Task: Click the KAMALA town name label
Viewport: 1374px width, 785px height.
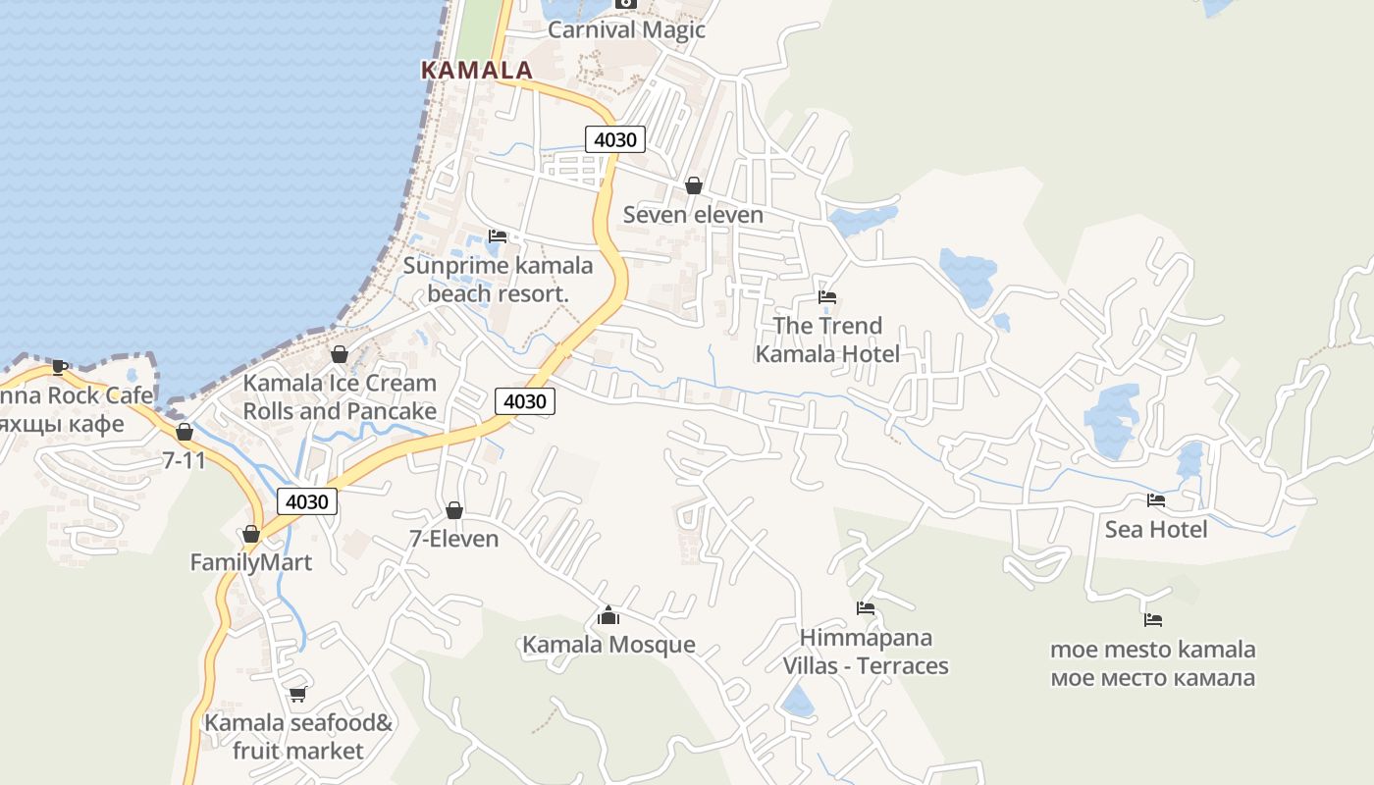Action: (x=476, y=71)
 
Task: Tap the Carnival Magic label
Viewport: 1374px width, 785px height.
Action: (x=626, y=29)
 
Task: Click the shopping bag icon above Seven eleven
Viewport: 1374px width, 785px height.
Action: (x=694, y=185)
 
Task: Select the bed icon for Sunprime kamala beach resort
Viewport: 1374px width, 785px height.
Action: (x=498, y=236)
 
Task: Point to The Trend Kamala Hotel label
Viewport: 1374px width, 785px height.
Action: (x=827, y=340)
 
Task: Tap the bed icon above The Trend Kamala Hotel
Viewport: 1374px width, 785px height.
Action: (x=827, y=297)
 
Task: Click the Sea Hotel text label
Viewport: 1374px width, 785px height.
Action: (x=1156, y=530)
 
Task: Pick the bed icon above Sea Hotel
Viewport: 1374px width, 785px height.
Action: (x=1156, y=500)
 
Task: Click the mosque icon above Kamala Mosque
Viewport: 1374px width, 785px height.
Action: (x=608, y=615)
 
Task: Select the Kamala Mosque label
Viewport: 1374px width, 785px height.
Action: (x=608, y=645)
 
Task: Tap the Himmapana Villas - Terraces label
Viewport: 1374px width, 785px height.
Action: (x=866, y=652)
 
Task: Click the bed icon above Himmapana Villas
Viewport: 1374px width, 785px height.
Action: (x=866, y=608)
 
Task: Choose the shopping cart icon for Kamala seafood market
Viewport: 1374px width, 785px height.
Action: (x=297, y=694)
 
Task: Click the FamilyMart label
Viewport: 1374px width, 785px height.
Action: (x=250, y=562)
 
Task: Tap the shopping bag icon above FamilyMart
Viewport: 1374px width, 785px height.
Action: (x=251, y=534)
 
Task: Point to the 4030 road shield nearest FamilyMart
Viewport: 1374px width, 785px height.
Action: (x=307, y=501)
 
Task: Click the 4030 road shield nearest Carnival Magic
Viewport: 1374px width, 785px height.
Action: (x=615, y=139)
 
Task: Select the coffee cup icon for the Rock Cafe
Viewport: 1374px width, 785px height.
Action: (x=59, y=367)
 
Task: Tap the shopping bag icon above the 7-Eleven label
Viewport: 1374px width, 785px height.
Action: (x=454, y=510)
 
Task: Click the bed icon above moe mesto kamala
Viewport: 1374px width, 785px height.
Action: (x=1153, y=620)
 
